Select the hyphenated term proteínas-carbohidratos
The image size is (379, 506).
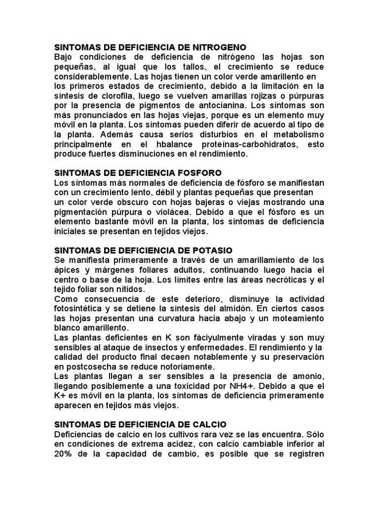pyautogui.click(x=269, y=144)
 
